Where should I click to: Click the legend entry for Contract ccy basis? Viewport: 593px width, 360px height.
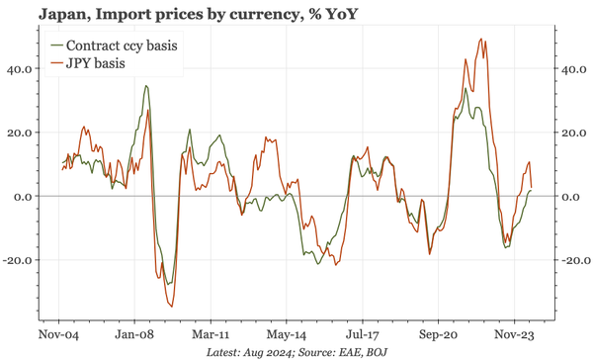click(x=119, y=45)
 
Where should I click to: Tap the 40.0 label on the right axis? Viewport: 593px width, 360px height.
click(x=574, y=69)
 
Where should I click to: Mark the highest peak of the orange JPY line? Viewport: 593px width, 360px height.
click(x=481, y=40)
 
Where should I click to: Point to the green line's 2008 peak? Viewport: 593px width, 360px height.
click(x=146, y=86)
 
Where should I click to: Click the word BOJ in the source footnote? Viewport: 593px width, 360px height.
click(x=373, y=352)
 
